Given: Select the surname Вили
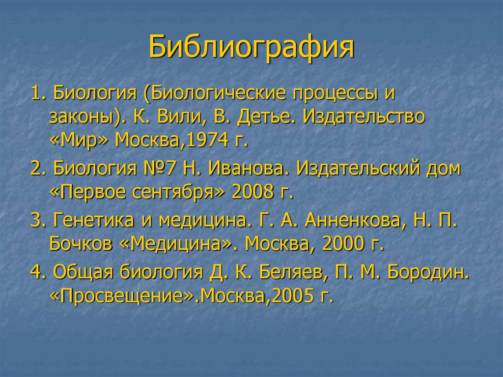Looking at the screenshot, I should pos(177,117).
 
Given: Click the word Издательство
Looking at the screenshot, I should pos(363,117).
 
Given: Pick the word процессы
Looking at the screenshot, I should pos(332,93).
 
